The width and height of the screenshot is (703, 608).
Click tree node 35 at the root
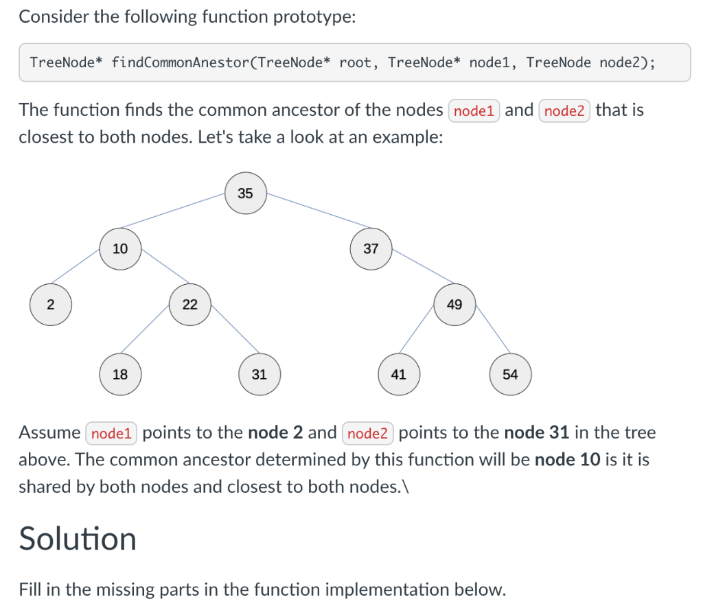[x=245, y=194]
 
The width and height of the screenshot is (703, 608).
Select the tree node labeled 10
[x=120, y=249]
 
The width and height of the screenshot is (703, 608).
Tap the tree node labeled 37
[x=371, y=249]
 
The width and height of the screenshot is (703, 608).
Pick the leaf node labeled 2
[x=50, y=305]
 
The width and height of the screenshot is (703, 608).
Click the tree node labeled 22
[x=190, y=305]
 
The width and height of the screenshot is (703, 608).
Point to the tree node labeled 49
[x=454, y=305]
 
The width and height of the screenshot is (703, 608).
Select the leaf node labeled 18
[x=120, y=375]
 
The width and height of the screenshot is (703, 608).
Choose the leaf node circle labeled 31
[x=259, y=375]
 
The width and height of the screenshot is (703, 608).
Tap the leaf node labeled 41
[x=398, y=375]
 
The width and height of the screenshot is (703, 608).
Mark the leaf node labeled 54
[x=510, y=375]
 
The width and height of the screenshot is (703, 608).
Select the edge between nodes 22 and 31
[x=234, y=327]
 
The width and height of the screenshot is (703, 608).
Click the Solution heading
[x=78, y=539]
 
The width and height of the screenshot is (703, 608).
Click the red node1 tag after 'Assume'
[x=111, y=433]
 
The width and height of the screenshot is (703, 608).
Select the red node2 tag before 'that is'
[x=564, y=110]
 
